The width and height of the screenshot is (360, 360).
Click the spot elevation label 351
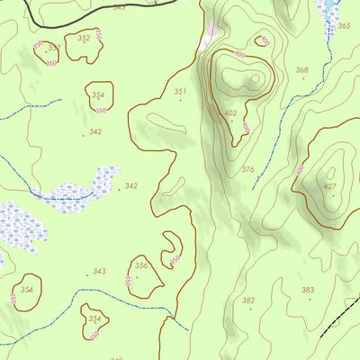180,92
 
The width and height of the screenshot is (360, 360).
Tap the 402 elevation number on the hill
231,113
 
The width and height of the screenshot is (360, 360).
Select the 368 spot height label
301,70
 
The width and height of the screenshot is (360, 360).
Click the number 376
247,169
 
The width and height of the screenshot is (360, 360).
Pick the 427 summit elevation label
330,187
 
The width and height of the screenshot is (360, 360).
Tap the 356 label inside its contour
140,265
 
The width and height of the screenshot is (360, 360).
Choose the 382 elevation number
248,301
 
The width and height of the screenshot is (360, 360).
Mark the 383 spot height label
308,290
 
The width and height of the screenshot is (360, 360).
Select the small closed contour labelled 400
262,40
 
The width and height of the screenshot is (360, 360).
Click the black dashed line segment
337,320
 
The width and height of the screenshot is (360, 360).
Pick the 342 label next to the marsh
131,186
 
